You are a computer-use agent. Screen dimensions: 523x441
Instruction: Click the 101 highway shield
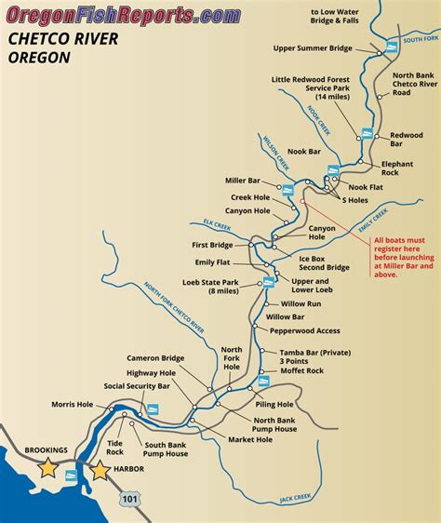tap(127, 501)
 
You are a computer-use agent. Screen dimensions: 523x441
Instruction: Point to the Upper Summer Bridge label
tap(313, 48)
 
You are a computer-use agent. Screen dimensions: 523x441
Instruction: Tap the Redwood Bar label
tap(408, 140)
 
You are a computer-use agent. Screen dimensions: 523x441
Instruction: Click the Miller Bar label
tap(242, 181)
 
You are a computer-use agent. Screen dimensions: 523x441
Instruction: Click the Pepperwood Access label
tap(302, 330)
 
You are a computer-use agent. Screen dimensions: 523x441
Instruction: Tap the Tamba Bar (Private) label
tap(314, 353)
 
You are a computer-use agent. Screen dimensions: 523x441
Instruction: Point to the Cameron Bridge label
tap(154, 357)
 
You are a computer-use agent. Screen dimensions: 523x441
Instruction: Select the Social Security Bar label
tap(137, 385)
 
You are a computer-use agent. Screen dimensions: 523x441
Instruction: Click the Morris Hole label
tap(72, 405)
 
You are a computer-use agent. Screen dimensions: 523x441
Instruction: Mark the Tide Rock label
tap(114, 447)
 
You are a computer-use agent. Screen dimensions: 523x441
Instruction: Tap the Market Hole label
tap(250, 439)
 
